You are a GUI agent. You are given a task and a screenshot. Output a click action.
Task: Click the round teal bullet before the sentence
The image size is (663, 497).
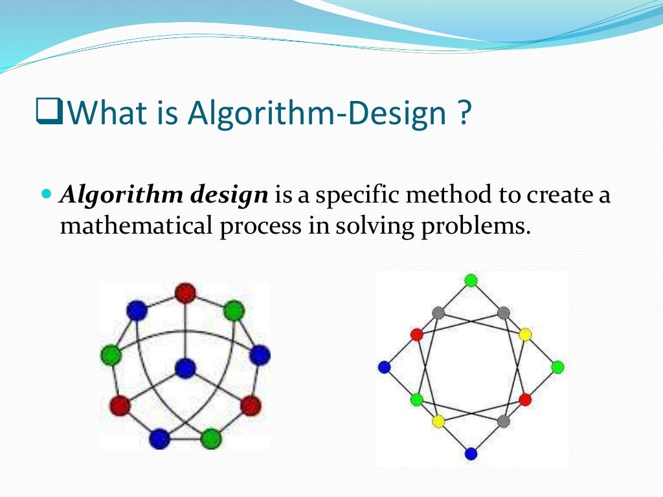pos(45,195)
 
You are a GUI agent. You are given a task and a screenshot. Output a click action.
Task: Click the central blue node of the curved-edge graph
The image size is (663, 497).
pos(185,368)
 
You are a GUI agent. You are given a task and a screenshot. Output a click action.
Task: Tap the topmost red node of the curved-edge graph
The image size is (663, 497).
pos(185,293)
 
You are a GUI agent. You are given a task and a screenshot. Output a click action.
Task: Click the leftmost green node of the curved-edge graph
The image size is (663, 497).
pos(111,355)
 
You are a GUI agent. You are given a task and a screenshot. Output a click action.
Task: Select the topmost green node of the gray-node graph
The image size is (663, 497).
pos(471,280)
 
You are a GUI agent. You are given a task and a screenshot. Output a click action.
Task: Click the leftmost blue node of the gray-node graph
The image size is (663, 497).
pos(384,367)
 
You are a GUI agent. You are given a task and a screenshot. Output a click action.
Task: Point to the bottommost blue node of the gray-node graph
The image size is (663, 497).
pos(471,454)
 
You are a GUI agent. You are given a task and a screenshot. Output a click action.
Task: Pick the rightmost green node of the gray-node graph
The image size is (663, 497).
pos(557,367)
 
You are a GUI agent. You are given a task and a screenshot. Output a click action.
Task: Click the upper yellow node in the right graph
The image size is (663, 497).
pos(525,335)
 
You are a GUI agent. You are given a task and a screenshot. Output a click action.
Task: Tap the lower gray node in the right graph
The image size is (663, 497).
pos(504,421)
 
